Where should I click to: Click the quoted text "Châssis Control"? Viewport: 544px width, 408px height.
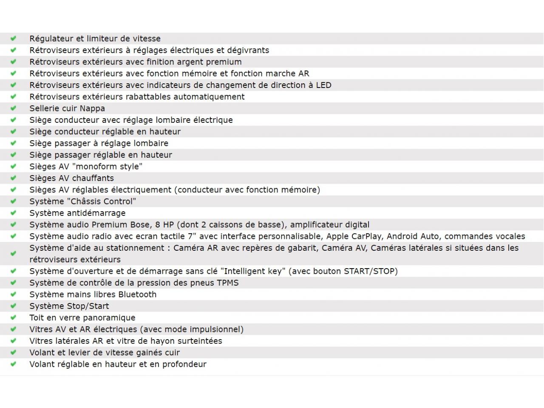point(102,201)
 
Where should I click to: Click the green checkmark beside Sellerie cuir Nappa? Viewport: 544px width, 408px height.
point(13,108)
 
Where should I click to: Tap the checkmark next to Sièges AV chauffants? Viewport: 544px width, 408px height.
point(13,178)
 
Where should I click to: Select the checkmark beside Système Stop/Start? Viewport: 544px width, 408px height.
point(13,306)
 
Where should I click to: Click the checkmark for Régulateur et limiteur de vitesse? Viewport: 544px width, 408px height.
point(13,39)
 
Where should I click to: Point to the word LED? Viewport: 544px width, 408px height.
point(323,85)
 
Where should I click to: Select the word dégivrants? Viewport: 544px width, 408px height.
point(249,50)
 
